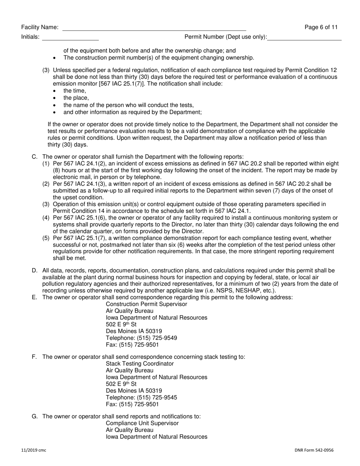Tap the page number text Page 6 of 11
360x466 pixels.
click(321, 27)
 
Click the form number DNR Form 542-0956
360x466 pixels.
click(314, 450)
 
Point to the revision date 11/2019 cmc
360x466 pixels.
click(34, 450)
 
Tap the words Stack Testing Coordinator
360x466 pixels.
click(140, 364)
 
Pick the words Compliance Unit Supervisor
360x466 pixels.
click(142, 423)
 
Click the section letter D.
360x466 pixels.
click(34, 271)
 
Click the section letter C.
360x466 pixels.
click(34, 157)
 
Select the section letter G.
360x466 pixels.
click(34, 416)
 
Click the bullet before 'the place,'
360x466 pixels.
click(55, 98)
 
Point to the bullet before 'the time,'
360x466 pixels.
click(55, 91)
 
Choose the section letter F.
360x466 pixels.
click(34, 357)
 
